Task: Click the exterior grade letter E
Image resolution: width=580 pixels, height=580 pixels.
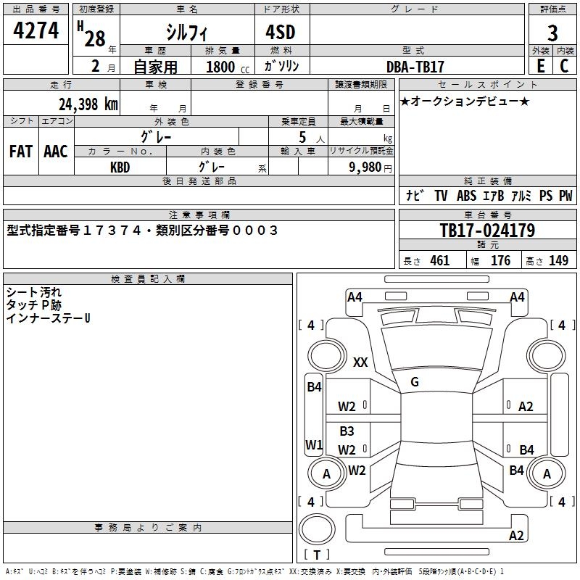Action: click(x=540, y=66)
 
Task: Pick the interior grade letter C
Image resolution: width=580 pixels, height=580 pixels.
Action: click(x=564, y=66)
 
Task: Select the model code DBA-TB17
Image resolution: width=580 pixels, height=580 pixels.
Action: click(x=415, y=67)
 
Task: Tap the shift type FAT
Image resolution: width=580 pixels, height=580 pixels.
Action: click(x=21, y=152)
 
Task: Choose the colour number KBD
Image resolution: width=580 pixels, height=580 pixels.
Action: click(x=120, y=167)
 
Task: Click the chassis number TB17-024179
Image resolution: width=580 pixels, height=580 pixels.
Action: click(x=487, y=231)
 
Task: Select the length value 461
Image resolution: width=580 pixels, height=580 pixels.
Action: click(x=439, y=261)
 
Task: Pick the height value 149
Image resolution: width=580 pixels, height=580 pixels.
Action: click(x=558, y=261)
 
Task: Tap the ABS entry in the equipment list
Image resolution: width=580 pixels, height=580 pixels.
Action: click(x=466, y=196)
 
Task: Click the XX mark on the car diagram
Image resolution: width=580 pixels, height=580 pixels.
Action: click(x=360, y=362)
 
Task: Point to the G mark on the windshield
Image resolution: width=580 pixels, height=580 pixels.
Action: click(x=415, y=382)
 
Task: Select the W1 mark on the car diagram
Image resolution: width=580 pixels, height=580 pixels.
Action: click(x=313, y=444)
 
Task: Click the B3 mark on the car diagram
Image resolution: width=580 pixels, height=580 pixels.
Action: click(x=347, y=431)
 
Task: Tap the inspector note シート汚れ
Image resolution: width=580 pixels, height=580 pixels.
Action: click(x=34, y=292)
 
